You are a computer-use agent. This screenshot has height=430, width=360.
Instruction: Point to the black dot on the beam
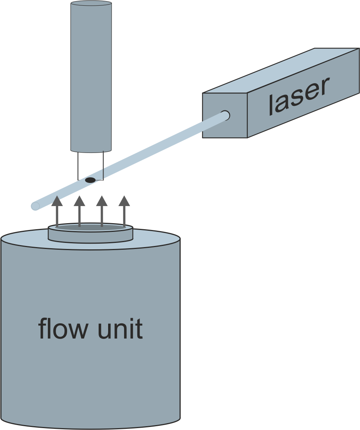click(90, 180)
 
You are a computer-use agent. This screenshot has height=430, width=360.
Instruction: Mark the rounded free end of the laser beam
click(35, 206)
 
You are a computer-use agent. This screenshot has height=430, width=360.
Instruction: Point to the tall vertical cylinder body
click(91, 76)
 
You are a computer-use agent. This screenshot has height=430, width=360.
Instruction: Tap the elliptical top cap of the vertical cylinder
click(91, 3)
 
